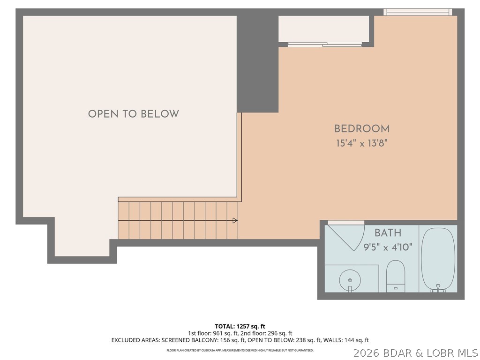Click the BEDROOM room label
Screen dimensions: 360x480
(x=362, y=128)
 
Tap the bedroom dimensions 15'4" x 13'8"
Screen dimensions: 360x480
(x=362, y=143)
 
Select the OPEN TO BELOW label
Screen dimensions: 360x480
(x=134, y=114)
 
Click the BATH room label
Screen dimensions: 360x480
(x=388, y=232)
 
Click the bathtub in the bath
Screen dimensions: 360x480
(x=438, y=259)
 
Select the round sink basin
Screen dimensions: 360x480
(x=350, y=280)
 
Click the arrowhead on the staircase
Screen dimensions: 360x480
(x=235, y=220)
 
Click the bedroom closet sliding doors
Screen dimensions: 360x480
(x=325, y=45)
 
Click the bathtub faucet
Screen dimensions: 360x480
(x=438, y=288)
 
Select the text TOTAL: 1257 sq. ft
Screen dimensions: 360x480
(x=240, y=326)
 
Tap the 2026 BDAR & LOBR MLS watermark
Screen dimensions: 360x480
(x=415, y=352)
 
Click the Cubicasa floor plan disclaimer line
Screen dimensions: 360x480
(x=240, y=350)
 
